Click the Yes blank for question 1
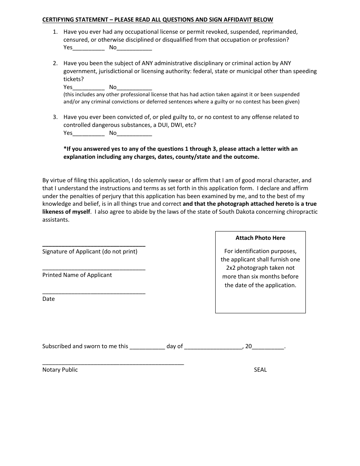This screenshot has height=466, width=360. pos(88,48)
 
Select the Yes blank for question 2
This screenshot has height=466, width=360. pos(88,88)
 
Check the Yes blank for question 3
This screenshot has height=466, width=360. pos(88,133)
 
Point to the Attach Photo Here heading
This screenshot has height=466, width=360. pos(260,238)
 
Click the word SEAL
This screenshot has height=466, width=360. pos(260,370)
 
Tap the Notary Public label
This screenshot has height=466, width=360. pos(60,370)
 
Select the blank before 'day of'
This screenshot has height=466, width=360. pos(147,347)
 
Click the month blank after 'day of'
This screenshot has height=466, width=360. pos(213,347)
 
